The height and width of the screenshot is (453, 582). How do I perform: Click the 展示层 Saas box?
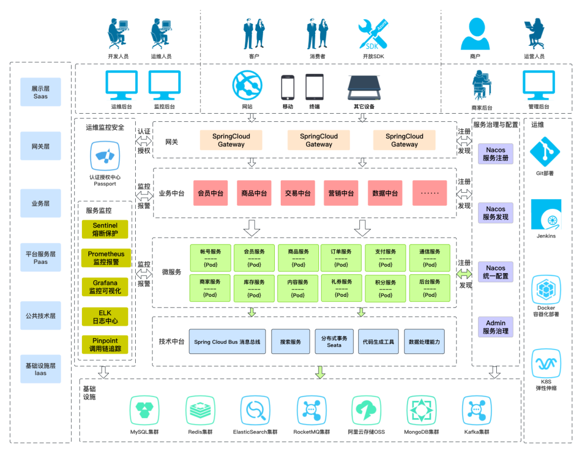tap(41, 92)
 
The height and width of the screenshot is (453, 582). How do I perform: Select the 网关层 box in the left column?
tap(41, 146)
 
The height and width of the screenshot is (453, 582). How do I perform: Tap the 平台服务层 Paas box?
tap(41, 257)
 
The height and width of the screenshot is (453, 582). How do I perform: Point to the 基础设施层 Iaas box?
tap(41, 369)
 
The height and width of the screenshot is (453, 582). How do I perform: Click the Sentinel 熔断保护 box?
tap(105, 229)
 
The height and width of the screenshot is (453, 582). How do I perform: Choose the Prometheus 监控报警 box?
tap(105, 258)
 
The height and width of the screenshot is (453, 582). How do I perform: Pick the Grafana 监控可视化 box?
tap(105, 287)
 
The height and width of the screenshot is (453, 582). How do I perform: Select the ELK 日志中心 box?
tap(105, 316)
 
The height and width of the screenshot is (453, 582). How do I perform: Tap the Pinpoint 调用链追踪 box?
tap(105, 345)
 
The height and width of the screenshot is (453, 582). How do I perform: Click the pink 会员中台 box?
tap(211, 193)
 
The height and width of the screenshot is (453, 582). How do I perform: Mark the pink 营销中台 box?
tap(341, 193)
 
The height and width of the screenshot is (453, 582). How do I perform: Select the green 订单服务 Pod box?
tap(341, 257)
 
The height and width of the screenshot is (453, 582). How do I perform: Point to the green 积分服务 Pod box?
tap(385, 288)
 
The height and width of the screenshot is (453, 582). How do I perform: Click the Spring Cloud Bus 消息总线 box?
tap(227, 342)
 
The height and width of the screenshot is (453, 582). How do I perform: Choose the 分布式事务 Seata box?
tap(334, 342)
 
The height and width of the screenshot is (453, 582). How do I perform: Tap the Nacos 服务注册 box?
tap(496, 154)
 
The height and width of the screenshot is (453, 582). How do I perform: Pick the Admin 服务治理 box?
tap(496, 327)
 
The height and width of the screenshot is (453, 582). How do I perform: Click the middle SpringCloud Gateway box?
tap(319, 140)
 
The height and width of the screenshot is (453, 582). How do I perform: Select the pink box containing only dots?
tap(429, 193)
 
